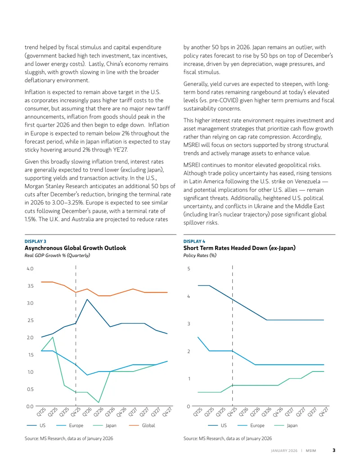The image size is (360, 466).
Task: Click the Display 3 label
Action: point(36,241)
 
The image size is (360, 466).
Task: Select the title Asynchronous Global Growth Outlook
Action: point(76,248)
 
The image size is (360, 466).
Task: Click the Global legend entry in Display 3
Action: point(142,425)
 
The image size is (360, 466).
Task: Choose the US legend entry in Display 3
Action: point(36,425)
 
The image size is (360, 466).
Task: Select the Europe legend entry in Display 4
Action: point(251,425)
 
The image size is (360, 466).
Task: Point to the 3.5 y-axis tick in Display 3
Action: point(30,286)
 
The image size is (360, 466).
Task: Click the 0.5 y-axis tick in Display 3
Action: point(30,389)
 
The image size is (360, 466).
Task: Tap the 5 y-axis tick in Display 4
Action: point(189,269)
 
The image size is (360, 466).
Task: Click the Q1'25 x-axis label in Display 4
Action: point(198,412)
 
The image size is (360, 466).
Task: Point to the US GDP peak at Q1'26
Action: point(87,299)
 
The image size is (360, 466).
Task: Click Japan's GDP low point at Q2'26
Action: point(99,403)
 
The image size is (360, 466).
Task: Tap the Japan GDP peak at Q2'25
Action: point(53,337)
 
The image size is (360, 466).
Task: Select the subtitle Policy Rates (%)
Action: point(200,255)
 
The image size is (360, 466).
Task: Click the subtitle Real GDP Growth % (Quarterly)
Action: point(57,255)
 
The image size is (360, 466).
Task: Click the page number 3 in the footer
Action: point(334,450)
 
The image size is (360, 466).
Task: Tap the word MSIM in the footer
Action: point(311,451)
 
